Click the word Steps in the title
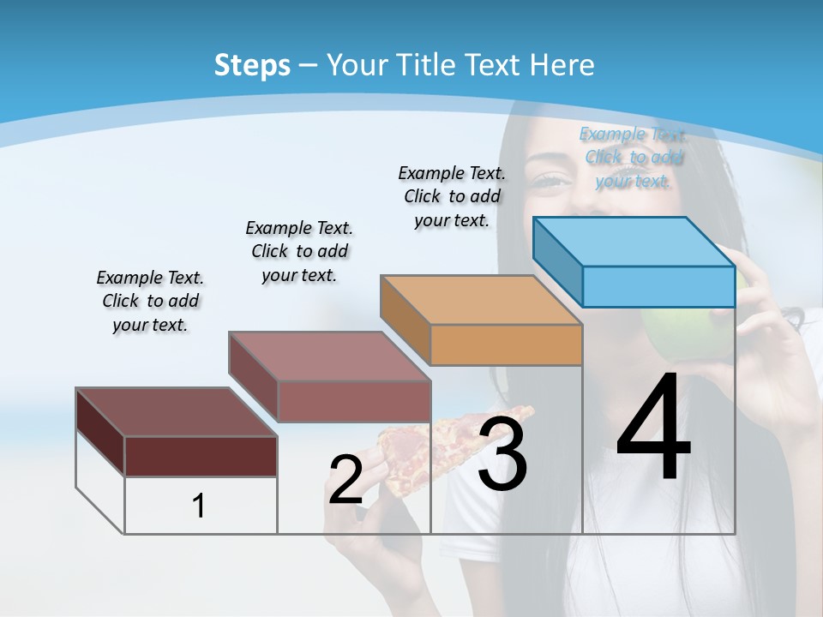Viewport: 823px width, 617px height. [252, 65]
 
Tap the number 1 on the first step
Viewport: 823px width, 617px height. [199, 506]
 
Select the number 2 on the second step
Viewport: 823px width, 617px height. [345, 480]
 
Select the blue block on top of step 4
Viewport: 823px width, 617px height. [634, 261]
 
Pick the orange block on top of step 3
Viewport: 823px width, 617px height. [482, 320]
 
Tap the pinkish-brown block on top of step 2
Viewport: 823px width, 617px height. [330, 377]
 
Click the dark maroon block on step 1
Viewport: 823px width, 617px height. [177, 433]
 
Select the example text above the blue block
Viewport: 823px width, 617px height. [633, 157]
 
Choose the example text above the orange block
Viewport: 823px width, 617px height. [452, 196]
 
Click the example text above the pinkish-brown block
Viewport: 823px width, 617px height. [299, 251]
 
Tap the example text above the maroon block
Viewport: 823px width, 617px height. [150, 301]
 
